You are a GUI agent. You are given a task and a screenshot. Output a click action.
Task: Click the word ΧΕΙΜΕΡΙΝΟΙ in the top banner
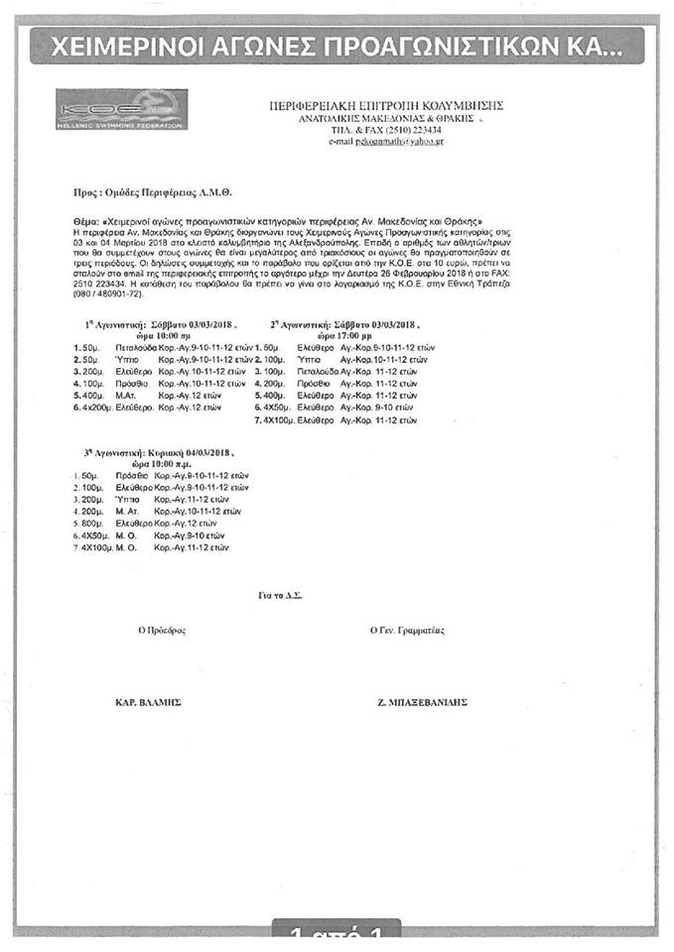tap(121, 46)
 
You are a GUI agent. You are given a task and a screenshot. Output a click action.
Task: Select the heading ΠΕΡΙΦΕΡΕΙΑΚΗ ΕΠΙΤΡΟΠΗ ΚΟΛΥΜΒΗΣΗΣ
tap(388, 105)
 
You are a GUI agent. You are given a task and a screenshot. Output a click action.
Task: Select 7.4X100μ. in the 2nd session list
tap(274, 419)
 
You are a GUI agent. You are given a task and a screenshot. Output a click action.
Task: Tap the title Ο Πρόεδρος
tap(162, 630)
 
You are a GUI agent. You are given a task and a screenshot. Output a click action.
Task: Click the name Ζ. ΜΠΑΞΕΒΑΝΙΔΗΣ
tap(423, 702)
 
